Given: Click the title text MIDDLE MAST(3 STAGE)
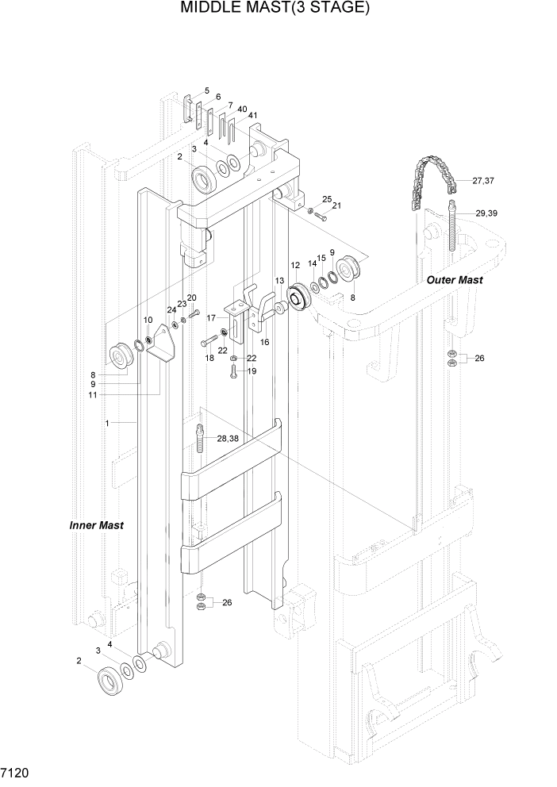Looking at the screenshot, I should click(275, 9).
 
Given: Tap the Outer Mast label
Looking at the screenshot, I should click(455, 280).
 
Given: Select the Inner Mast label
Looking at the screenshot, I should click(96, 525).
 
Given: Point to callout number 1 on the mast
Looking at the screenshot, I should click(106, 423).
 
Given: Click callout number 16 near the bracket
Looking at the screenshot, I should click(264, 342).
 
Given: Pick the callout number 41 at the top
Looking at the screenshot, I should click(252, 116).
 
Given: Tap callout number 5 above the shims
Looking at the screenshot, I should click(206, 91).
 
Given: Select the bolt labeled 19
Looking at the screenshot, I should click(234, 375).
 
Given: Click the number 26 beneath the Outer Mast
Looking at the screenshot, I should click(479, 359).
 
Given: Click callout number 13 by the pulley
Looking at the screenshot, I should click(279, 281).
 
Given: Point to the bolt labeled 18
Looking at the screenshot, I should click(209, 342).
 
